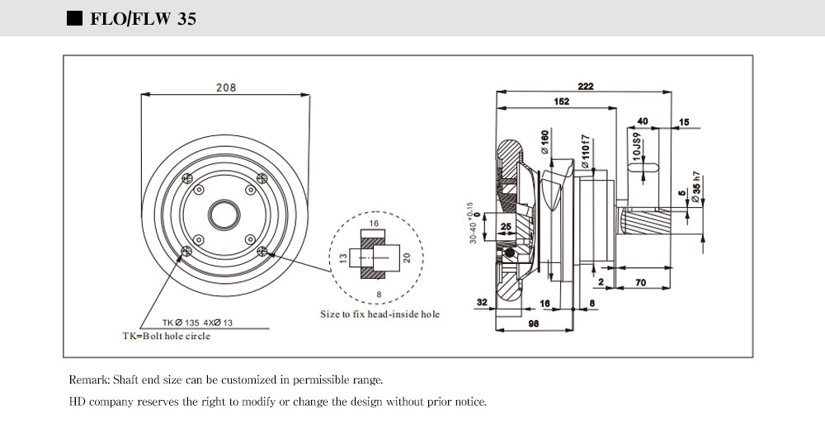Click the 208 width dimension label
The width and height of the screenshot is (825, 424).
pos(226,87)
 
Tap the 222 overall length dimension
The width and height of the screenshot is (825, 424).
pos(586,87)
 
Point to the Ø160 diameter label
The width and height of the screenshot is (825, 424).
pos(544,142)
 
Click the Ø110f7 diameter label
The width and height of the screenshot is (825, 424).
pos(585,151)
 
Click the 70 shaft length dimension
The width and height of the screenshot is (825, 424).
pos(640,282)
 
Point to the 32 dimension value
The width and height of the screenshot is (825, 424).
pos(483,302)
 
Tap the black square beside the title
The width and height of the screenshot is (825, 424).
pos(74,18)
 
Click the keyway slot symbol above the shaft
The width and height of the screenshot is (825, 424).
pos(645,167)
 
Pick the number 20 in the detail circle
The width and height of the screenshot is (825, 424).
pos(406,257)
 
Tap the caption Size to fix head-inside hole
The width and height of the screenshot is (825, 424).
pos(379,313)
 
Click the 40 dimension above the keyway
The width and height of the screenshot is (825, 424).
pos(643,121)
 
